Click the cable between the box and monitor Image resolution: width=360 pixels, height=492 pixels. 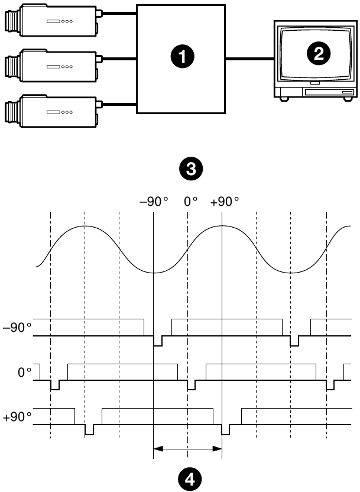(x=248, y=58)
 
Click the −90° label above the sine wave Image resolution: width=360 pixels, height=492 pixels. (x=154, y=201)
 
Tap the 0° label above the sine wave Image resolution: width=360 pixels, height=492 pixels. (x=190, y=201)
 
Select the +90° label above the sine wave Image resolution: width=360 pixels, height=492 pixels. (x=225, y=201)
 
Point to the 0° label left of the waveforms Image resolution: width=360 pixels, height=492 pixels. (x=24, y=373)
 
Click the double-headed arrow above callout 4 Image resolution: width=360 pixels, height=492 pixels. (x=187, y=449)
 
